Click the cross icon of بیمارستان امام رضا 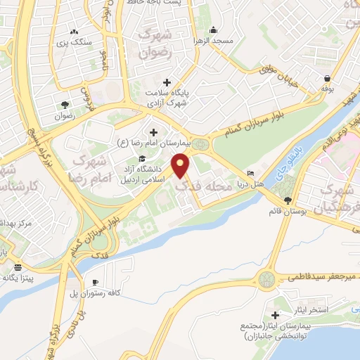click(x=154, y=131)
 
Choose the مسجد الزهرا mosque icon click(x=214, y=30)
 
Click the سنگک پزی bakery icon click(x=74, y=32)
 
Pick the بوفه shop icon click(x=327, y=79)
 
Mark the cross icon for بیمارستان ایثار click(x=276, y=316)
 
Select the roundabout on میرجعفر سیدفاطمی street click(x=267, y=281)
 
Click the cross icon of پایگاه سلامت click(x=166, y=82)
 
